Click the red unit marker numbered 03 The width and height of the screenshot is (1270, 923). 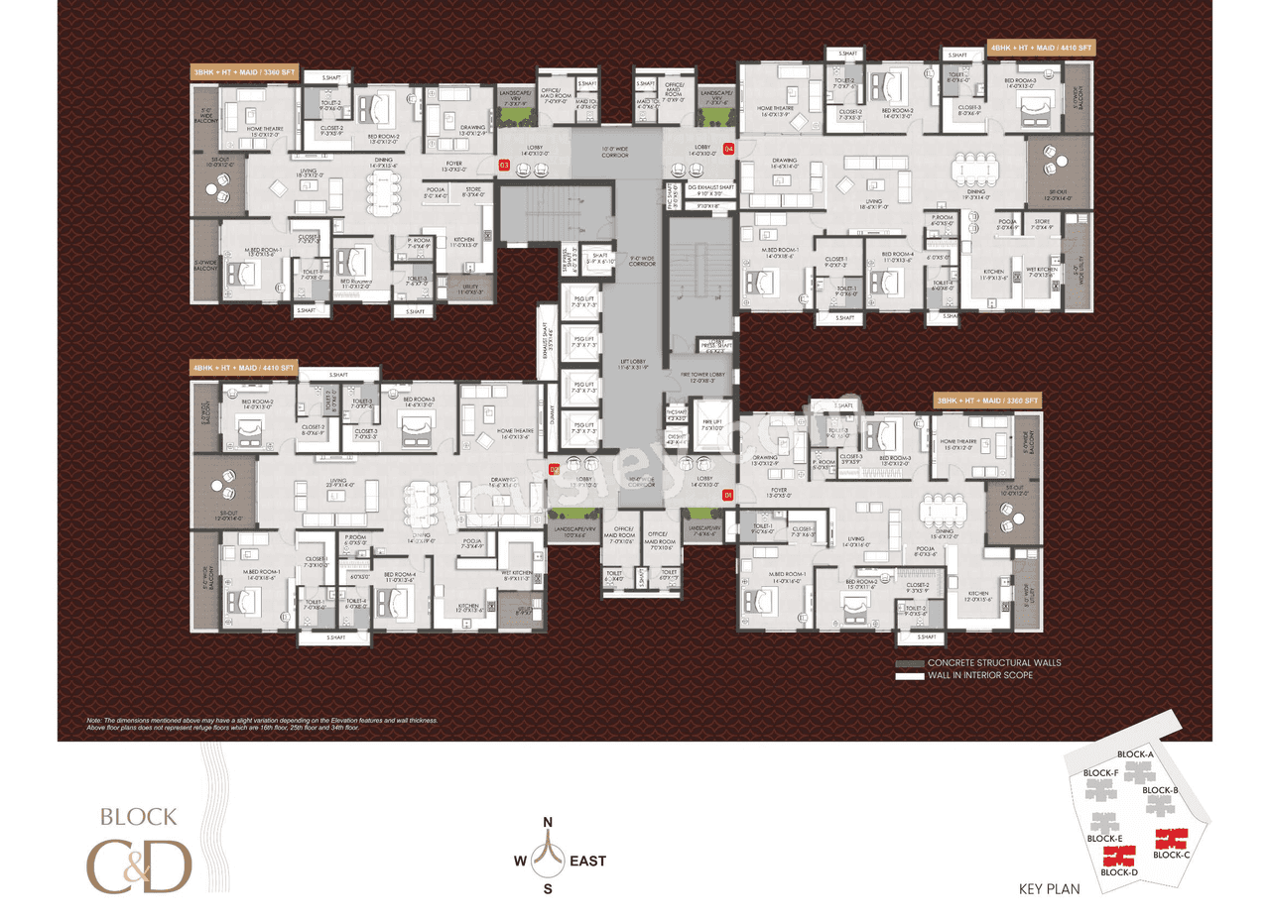[x=504, y=166]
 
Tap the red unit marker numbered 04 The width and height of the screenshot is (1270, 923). [x=729, y=150]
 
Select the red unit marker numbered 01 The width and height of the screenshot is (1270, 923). [x=728, y=494]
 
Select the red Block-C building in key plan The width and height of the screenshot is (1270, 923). [x=1172, y=839]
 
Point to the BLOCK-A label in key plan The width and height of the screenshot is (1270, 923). [x=1135, y=754]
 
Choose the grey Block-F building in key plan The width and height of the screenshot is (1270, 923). [x=1099, y=789]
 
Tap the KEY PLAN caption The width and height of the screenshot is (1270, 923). [x=1049, y=889]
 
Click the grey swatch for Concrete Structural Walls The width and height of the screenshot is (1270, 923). [x=909, y=662]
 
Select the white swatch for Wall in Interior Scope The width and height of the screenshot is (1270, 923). [x=909, y=675]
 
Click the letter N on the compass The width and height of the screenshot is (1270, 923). [x=547, y=823]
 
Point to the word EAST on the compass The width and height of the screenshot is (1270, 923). [x=586, y=862]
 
